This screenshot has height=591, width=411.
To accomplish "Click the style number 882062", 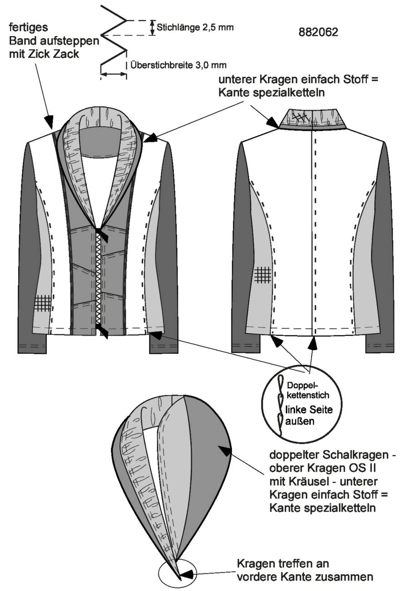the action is tap(318, 32).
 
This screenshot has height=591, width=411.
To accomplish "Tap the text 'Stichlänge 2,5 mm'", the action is tap(195, 27).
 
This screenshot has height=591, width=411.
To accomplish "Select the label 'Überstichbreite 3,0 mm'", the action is tap(179, 65).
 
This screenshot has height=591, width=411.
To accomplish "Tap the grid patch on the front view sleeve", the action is tap(42, 303).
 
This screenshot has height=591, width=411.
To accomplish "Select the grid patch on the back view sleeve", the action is tap(263, 275).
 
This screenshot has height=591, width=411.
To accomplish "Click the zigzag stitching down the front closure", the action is tap(98, 278).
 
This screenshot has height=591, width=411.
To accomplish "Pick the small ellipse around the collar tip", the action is tap(177, 572).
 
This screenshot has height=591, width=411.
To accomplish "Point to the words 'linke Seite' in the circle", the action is tap(309, 410).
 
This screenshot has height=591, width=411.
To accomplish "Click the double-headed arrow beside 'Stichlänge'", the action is tap(152, 28).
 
